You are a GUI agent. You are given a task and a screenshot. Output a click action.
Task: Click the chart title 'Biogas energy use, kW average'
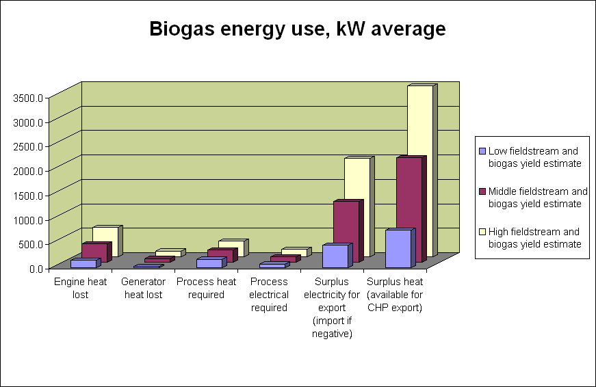tap(298, 29)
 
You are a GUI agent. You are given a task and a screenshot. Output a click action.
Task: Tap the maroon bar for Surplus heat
tap(409, 205)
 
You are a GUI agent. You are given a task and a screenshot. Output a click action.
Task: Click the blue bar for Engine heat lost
tap(83, 263)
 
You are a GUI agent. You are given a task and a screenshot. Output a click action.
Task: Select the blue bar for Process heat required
tap(209, 263)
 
